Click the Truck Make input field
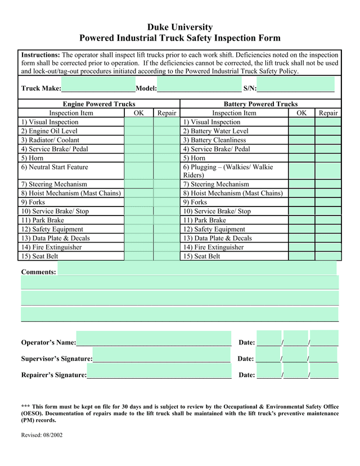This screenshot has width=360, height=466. [x=98, y=84]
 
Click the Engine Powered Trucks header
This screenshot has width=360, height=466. [x=99, y=104]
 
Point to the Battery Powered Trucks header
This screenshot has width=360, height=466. [x=260, y=104]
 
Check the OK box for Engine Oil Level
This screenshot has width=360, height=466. [x=138, y=131]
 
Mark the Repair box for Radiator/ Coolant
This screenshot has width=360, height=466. [x=166, y=140]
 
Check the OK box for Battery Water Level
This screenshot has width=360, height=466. [x=301, y=131]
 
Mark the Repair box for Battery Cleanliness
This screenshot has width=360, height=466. [x=328, y=140]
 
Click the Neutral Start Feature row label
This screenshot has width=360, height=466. [x=55, y=167]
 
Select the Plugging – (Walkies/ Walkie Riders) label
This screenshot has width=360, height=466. [x=228, y=171]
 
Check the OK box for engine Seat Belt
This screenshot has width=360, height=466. [x=138, y=256]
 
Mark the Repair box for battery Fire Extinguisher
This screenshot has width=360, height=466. [x=328, y=247]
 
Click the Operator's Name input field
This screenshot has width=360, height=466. [x=154, y=338]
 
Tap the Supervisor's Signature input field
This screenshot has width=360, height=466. [x=161, y=355]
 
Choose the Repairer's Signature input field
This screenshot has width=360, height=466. [x=159, y=371]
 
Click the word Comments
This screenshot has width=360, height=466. [x=38, y=272]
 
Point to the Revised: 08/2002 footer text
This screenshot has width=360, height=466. [x=42, y=436]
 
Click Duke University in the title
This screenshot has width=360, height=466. [x=180, y=27]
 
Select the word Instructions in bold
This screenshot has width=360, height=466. [x=40, y=55]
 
